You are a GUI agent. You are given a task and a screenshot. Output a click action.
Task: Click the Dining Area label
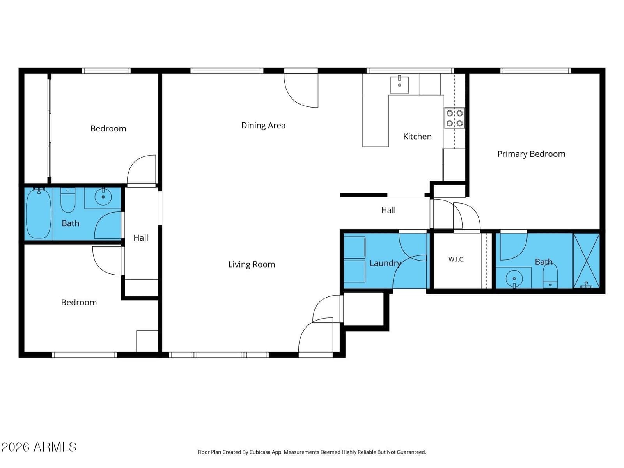263,125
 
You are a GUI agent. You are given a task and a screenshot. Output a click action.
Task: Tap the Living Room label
252,264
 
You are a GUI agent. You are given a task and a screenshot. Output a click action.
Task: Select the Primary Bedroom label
531,154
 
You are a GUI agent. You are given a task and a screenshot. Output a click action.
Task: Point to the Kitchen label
417,136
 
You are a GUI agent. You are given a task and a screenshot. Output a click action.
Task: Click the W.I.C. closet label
456,259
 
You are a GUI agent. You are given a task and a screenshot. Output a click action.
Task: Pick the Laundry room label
385,263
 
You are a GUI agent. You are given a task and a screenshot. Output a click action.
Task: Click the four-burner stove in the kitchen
454,118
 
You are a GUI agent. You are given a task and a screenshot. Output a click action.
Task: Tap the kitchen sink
399,85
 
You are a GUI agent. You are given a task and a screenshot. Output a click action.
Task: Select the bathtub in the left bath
39,214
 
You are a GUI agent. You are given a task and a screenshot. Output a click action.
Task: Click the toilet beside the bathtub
68,200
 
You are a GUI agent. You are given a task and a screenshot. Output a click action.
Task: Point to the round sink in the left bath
103,196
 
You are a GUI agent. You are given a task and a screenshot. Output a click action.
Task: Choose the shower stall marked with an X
586,261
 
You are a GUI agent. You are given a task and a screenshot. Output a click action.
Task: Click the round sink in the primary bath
514,279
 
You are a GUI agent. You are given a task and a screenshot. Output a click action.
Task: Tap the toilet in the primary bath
550,276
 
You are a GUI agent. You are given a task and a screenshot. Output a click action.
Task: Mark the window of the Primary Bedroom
535,71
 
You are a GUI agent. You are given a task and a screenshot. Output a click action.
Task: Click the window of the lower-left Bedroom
84,355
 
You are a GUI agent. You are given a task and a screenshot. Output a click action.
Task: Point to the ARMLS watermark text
39,447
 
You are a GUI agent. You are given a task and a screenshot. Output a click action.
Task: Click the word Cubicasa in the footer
260,452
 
